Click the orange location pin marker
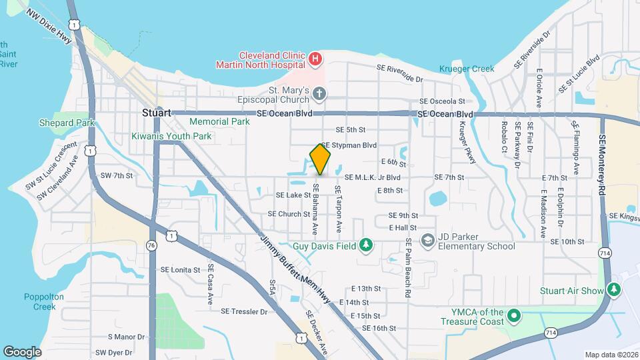(x=321, y=159)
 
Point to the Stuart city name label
(x=157, y=113)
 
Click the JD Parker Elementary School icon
(x=427, y=240)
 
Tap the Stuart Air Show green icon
(x=614, y=290)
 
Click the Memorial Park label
(x=219, y=122)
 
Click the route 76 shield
(x=152, y=245)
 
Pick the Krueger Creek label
(x=467, y=69)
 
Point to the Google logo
(x=22, y=351)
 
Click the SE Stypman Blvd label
(x=349, y=145)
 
